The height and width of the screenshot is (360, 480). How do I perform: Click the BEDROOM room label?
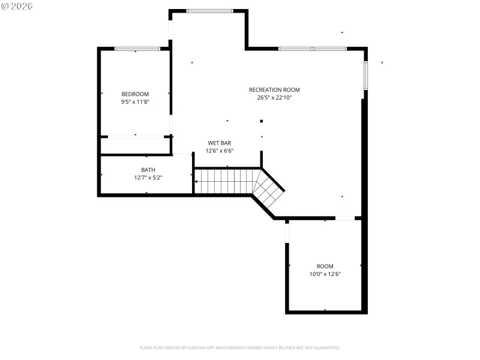135,94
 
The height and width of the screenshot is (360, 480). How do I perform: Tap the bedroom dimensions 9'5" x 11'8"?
135,102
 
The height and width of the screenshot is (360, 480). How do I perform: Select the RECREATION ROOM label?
274,90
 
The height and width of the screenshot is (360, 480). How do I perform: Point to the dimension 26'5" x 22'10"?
274,98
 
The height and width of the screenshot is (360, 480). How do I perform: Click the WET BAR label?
220,143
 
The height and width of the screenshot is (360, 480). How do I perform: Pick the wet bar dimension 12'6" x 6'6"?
220,151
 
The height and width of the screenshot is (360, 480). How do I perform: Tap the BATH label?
148,170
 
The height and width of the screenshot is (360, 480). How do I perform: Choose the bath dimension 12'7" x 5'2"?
148,178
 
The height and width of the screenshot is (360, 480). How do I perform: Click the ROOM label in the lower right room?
325,266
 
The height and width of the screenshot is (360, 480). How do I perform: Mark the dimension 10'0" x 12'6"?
325,274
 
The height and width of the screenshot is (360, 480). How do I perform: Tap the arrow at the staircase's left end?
196,181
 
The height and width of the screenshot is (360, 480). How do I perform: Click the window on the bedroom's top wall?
137,49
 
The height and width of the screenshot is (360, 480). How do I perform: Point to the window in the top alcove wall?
209,11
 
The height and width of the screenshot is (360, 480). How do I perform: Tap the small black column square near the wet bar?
262,121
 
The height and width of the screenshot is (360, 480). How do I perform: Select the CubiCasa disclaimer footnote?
240,347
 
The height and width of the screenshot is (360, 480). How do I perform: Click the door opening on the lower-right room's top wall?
344,218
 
